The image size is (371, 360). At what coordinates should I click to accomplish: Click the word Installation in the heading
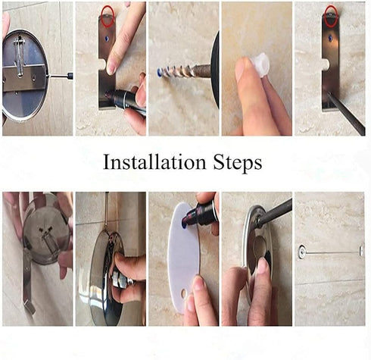click(x=149, y=163)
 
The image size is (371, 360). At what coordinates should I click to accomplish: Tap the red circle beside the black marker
click(x=107, y=13)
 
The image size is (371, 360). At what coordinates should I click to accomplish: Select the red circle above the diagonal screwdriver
click(x=330, y=13)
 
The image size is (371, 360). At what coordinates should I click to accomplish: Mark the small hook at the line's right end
click(x=361, y=250)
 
